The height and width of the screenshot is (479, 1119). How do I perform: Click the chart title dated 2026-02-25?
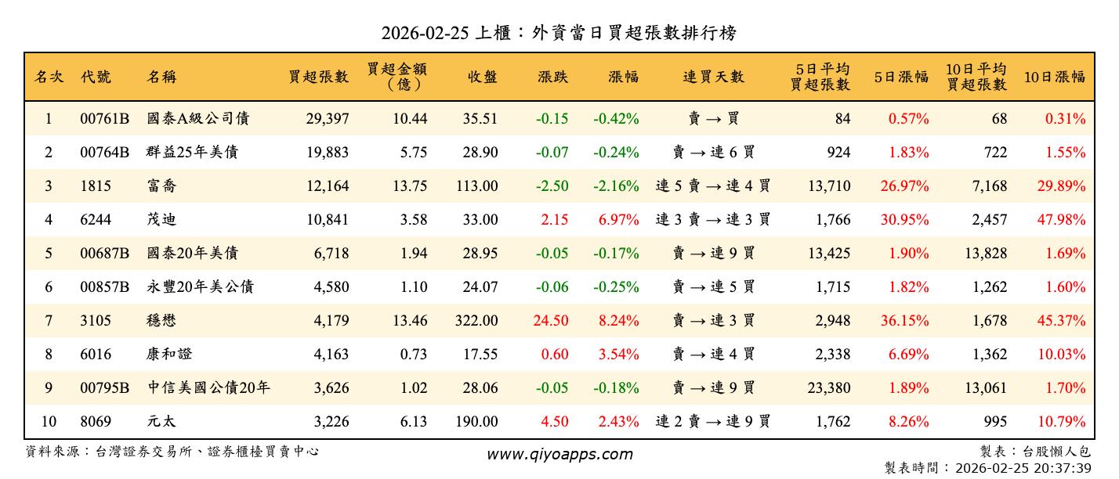pyautogui.click(x=559, y=33)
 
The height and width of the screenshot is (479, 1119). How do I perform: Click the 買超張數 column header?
pyautogui.click(x=318, y=77)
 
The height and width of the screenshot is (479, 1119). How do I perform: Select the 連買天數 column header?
pyautogui.click(x=713, y=77)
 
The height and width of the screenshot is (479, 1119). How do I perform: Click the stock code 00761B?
pyautogui.click(x=104, y=119)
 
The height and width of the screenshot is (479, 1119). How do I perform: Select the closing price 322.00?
pyautogui.click(x=476, y=321)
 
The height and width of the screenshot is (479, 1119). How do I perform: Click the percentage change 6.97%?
pyautogui.click(x=618, y=220)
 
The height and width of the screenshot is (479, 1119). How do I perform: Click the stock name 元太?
pyautogui.click(x=161, y=422)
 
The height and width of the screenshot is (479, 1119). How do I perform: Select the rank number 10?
pyautogui.click(x=49, y=422)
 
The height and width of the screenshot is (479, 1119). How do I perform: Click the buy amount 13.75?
pyautogui.click(x=408, y=186)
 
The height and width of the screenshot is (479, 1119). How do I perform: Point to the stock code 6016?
pyautogui.click(x=96, y=355)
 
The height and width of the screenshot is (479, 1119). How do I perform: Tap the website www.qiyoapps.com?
pyautogui.click(x=559, y=454)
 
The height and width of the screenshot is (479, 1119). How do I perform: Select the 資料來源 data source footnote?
pyautogui.click(x=172, y=452)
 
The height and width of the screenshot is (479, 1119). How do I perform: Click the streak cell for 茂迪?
pyautogui.click(x=713, y=220)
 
